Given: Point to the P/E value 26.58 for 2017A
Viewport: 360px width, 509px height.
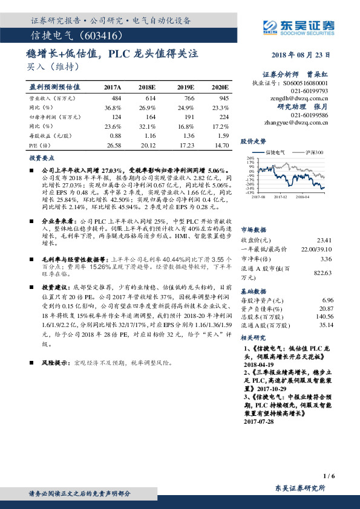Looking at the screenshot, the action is [x=113, y=145].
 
